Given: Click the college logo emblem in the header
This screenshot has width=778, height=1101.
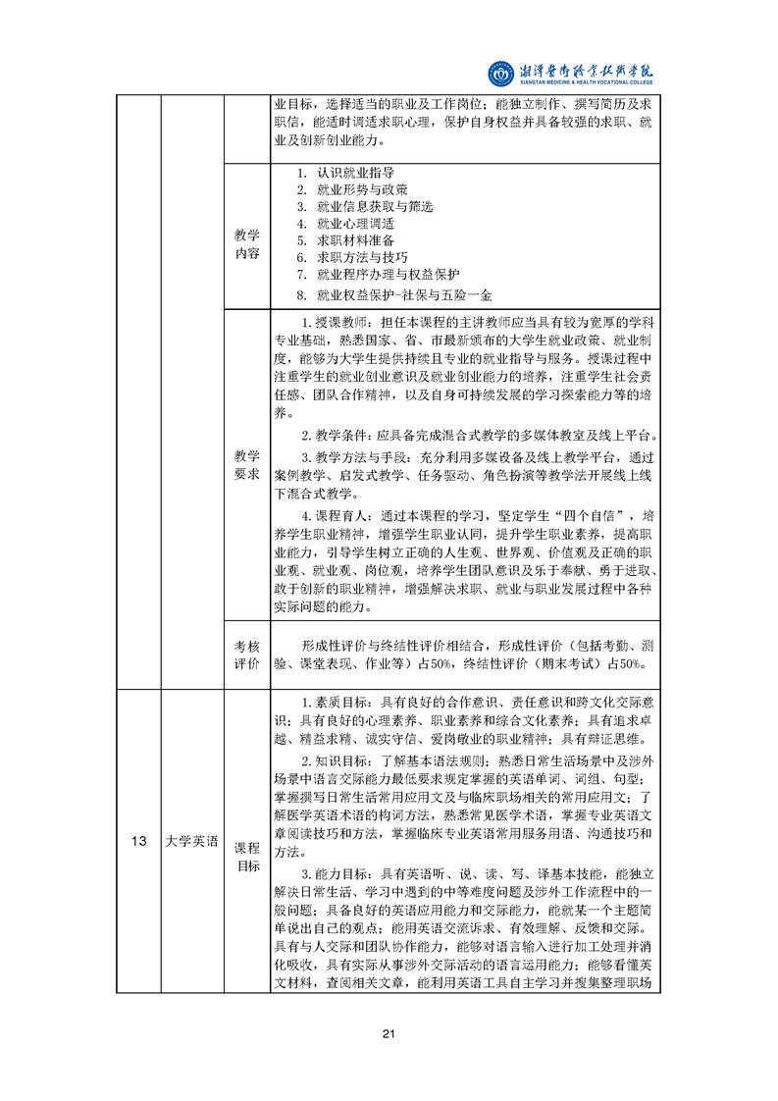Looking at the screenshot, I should (501, 73).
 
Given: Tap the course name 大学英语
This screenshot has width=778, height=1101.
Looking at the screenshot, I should (190, 841).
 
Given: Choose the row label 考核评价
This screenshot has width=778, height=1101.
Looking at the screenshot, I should (247, 655).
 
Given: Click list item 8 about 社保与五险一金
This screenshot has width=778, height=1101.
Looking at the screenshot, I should (404, 293).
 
